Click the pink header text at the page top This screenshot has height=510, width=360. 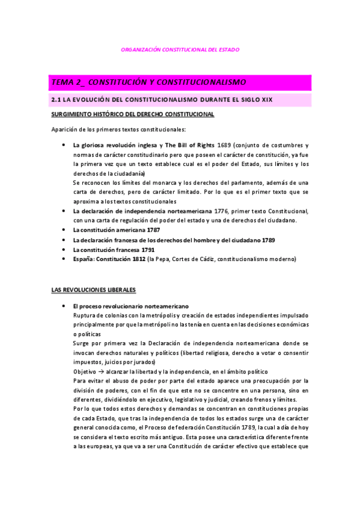click(180, 49)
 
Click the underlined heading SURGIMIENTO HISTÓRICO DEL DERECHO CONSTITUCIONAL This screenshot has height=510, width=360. click(132, 114)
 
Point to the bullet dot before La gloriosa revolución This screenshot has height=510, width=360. click(64, 146)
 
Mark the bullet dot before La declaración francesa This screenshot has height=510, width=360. click(64, 240)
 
